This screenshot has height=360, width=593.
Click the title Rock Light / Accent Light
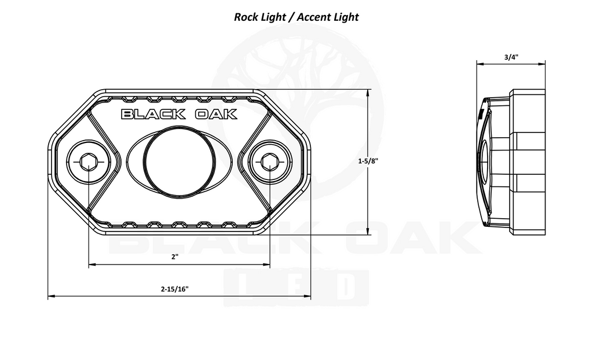(x=296, y=17)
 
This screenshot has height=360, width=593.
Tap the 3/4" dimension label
(x=511, y=57)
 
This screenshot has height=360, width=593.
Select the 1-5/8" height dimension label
(x=368, y=161)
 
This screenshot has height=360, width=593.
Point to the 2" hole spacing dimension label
(x=175, y=257)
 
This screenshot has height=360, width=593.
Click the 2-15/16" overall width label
(x=174, y=289)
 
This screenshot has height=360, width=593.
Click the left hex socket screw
(x=88, y=162)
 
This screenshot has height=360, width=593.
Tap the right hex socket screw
(x=270, y=162)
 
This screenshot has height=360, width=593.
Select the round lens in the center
(x=180, y=161)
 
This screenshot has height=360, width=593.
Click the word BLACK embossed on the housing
(x=153, y=114)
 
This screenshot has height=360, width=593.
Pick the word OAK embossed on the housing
(x=216, y=114)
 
